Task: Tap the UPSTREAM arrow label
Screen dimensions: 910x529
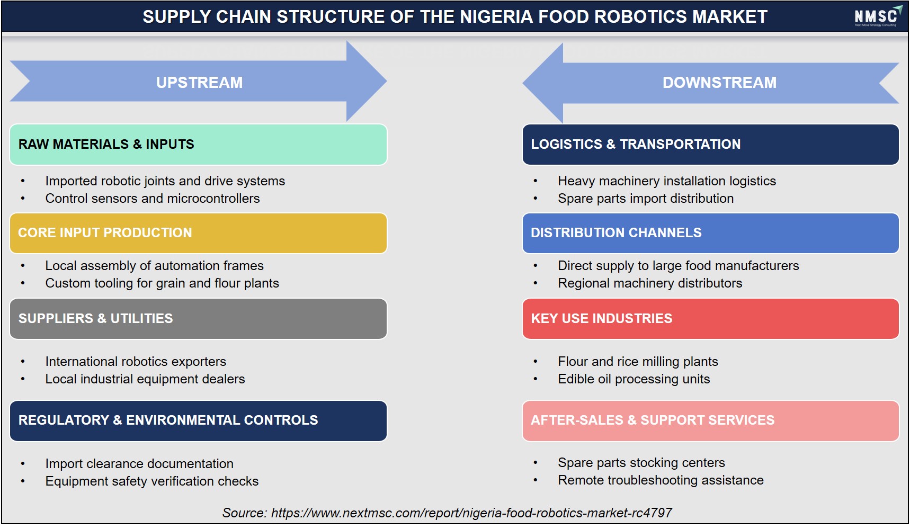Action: [199, 83]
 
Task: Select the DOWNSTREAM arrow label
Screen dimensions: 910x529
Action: [719, 83]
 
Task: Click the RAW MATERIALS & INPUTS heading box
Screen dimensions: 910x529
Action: [198, 145]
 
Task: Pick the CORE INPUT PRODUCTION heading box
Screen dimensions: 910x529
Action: [198, 233]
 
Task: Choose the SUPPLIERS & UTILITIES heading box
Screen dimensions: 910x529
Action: [198, 319]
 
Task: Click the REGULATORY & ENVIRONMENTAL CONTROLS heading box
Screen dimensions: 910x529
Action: [198, 421]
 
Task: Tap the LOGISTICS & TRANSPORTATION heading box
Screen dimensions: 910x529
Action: [710, 145]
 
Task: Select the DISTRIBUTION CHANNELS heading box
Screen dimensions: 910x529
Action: [710, 233]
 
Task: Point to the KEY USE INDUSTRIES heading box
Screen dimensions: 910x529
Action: [710, 319]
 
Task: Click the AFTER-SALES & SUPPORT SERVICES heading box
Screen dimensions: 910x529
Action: [710, 421]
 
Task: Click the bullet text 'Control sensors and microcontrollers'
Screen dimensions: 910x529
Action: [153, 199]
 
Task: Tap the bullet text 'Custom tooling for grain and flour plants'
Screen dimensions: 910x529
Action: [162, 283]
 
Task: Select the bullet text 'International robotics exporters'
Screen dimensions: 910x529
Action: [136, 362]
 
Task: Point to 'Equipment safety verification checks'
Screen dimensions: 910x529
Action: [152, 481]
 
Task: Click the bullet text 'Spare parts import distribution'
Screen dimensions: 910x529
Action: [646, 199]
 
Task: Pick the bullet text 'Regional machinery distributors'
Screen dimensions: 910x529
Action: [650, 283]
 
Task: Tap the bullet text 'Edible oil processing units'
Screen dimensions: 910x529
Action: [634, 379]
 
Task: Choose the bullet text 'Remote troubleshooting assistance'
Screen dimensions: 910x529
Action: [661, 480]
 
